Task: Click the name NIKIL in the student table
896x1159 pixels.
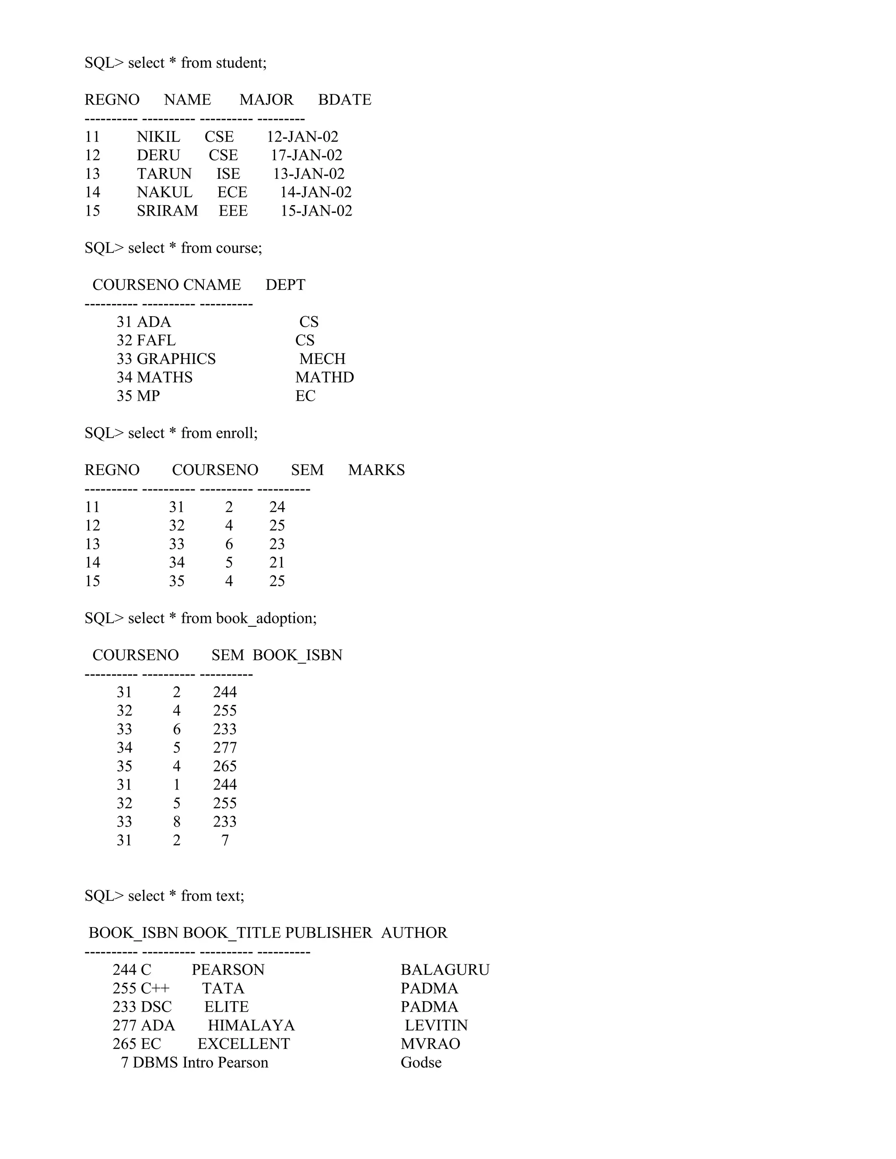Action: tap(158, 137)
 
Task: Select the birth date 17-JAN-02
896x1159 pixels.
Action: tap(306, 156)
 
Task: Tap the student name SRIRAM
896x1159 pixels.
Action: tap(167, 211)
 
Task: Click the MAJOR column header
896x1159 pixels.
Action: tap(266, 100)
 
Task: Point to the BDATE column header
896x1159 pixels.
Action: tap(344, 100)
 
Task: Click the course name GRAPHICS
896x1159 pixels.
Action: tap(176, 359)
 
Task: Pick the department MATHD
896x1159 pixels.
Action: tap(324, 377)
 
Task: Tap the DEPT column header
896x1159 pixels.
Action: tap(285, 285)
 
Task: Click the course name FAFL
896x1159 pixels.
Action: tap(156, 341)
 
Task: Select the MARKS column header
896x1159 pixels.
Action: tap(376, 470)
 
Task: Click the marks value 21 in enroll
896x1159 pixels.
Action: tap(277, 562)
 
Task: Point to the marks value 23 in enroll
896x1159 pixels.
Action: tap(277, 544)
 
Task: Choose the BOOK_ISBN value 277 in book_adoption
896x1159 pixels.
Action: tap(225, 748)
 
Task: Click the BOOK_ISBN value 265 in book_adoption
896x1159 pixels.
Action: tap(225, 766)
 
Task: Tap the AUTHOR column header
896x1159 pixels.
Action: tap(414, 933)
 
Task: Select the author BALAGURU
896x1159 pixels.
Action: tap(445, 970)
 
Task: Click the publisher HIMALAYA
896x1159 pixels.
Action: tap(251, 1025)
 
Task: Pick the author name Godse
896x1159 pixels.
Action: tap(421, 1062)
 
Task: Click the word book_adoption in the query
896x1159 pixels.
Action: tap(266, 619)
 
